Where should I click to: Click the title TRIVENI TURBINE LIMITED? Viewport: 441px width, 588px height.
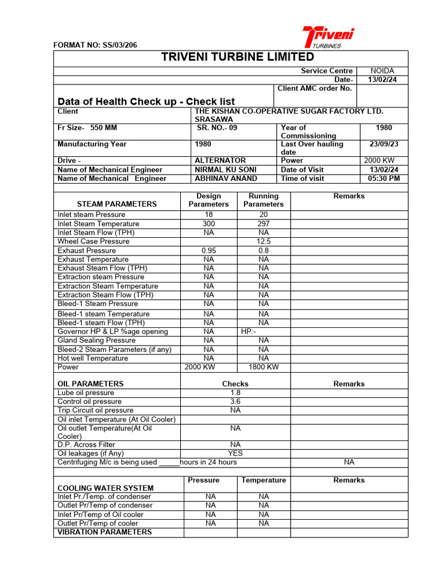coord(230,57)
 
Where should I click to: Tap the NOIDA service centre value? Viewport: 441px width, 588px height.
coord(382,71)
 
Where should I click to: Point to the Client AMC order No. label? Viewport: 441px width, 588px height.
coord(314,88)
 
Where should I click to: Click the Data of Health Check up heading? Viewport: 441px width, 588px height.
coord(146,102)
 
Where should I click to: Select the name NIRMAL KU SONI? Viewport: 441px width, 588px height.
coord(226,169)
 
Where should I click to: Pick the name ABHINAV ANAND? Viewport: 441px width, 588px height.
coord(226,179)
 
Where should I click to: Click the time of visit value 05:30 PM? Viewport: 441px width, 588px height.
coord(384,179)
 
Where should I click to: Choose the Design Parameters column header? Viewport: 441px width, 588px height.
coord(208,200)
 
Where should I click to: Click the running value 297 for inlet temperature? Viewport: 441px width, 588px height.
coord(264,223)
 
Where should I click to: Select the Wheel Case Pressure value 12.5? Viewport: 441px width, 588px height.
coord(264,242)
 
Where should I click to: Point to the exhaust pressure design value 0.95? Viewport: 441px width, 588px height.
coord(208,250)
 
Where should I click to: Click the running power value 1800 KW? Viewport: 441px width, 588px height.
coord(264,367)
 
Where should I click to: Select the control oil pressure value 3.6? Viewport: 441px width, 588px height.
coord(235,401)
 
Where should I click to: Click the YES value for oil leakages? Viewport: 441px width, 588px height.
coord(235,453)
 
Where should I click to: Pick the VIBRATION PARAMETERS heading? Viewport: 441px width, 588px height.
coord(105,532)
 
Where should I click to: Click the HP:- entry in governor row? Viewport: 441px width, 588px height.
coord(249,331)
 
